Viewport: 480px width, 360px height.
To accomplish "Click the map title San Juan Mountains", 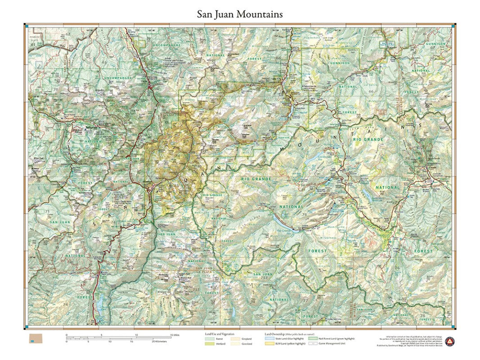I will [x=240, y=14].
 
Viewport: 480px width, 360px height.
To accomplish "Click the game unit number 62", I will [x=68, y=34].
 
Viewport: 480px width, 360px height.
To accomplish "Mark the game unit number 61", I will [x=33, y=44].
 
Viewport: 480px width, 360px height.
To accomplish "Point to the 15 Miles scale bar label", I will [x=175, y=335].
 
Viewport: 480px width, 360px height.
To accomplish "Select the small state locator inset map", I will [x=36, y=338].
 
